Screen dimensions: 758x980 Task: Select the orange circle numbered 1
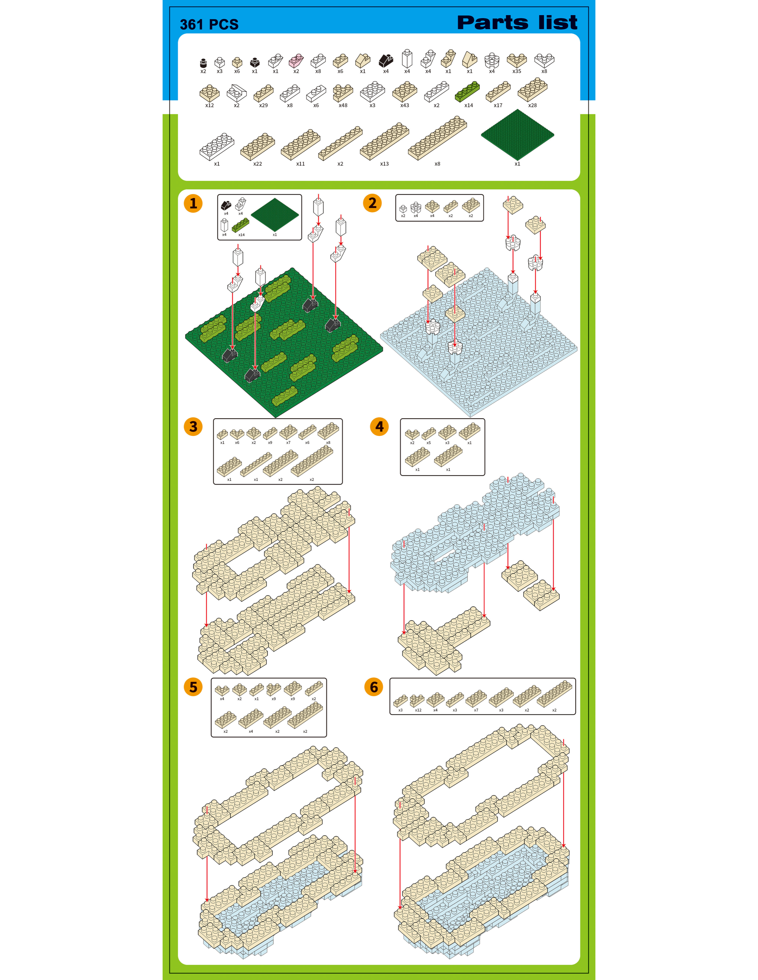coord(193,203)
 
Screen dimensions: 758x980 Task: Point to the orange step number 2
coord(372,203)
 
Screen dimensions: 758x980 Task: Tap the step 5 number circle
coord(193,687)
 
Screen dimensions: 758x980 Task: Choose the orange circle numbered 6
coord(374,687)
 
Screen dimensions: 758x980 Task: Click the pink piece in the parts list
coord(296,60)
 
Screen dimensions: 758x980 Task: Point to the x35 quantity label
coord(517,71)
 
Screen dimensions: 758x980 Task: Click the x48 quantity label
coord(343,105)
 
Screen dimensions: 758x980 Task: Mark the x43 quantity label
coord(405,105)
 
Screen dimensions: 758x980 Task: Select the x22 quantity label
coord(257,164)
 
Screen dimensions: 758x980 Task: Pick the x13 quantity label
coord(384,164)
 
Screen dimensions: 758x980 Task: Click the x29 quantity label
coord(264,105)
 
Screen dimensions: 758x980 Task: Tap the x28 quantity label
coord(533,105)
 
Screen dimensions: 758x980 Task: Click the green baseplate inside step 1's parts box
coord(275,214)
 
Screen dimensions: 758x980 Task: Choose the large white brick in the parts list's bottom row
coord(217,146)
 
